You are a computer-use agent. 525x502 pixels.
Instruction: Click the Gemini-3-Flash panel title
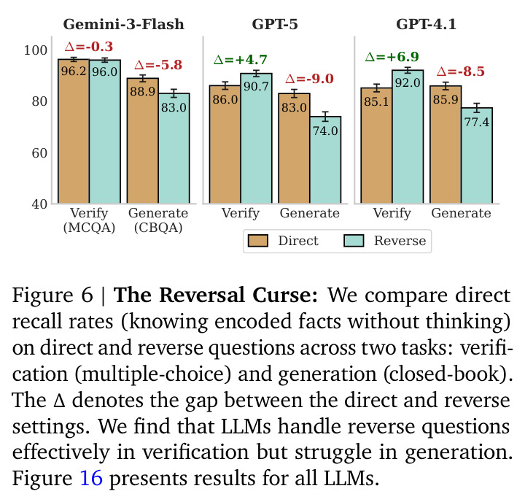click(x=123, y=24)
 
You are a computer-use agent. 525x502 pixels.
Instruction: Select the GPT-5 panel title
click(x=275, y=24)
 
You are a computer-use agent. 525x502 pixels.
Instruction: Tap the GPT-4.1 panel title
click(x=426, y=24)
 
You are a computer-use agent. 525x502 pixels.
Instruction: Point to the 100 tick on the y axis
click(x=35, y=50)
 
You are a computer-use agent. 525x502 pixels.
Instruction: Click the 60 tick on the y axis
click(x=39, y=153)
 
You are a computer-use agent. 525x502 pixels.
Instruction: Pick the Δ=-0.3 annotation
click(x=89, y=47)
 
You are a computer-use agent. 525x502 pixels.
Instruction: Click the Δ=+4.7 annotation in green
click(x=241, y=60)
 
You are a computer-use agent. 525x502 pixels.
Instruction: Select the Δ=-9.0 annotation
click(x=309, y=79)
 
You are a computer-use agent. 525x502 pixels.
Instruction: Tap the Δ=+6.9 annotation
click(x=392, y=57)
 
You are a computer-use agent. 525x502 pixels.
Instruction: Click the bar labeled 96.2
click(x=74, y=131)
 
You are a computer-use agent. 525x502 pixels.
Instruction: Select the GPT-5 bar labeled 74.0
click(x=325, y=160)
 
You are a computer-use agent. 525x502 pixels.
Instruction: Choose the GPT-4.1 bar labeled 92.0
click(x=408, y=136)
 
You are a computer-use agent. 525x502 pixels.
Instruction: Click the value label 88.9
click(x=143, y=91)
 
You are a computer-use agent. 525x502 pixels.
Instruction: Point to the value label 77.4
click(x=477, y=122)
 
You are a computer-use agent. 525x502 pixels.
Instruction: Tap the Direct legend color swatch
click(x=258, y=241)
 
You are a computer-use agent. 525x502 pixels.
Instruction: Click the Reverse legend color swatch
click(x=354, y=241)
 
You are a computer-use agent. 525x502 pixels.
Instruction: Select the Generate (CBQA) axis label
click(x=158, y=220)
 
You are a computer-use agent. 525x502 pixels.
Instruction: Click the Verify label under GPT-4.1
click(x=392, y=213)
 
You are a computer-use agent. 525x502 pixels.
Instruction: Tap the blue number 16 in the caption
click(x=91, y=477)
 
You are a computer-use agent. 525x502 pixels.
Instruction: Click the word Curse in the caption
click(x=285, y=295)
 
